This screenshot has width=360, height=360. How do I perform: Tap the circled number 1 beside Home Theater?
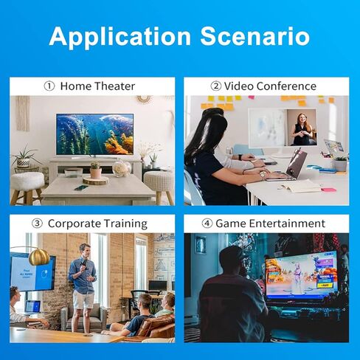pos(49,86)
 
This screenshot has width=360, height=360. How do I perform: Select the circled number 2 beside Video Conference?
pos(216,86)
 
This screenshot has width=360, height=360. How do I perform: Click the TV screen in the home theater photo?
pos(94,134)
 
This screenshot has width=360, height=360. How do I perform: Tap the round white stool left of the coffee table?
pos(27,183)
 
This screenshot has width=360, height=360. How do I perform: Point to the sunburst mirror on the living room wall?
pos(143,99)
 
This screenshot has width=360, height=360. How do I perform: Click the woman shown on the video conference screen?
pos(302,129)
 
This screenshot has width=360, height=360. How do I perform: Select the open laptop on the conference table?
pos(291,167)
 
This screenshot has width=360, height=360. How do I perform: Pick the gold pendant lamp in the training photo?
pos(39,257)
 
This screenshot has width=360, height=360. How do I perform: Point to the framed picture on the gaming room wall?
pos(200,245)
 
